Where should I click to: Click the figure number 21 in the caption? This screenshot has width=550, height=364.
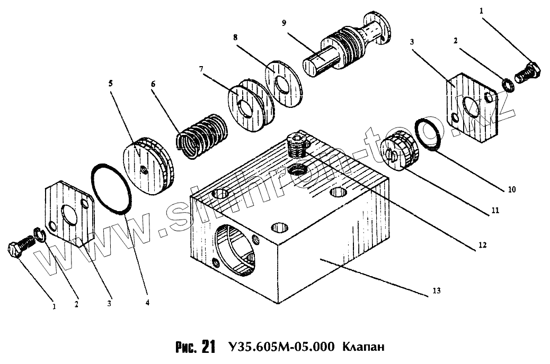[208, 347]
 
